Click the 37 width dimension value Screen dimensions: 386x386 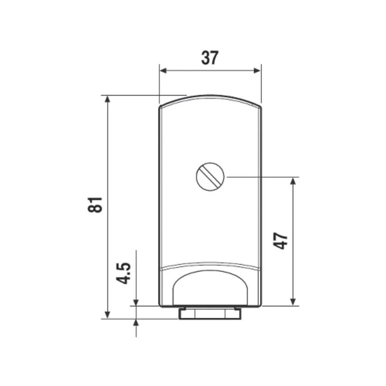coord(210,58)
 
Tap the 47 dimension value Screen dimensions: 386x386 coord(281,240)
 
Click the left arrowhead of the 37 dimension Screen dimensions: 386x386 coord(163,70)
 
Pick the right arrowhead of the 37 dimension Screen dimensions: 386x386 coord(257,70)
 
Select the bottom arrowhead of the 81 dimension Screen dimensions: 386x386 coord(108,315)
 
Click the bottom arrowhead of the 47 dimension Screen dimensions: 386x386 coord(294,302)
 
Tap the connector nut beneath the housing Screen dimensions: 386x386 coord(210,313)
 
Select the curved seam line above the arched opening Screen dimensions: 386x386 coord(210,266)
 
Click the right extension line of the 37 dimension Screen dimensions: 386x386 coord(261,83)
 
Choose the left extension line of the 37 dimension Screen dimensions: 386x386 coord(159,83)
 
